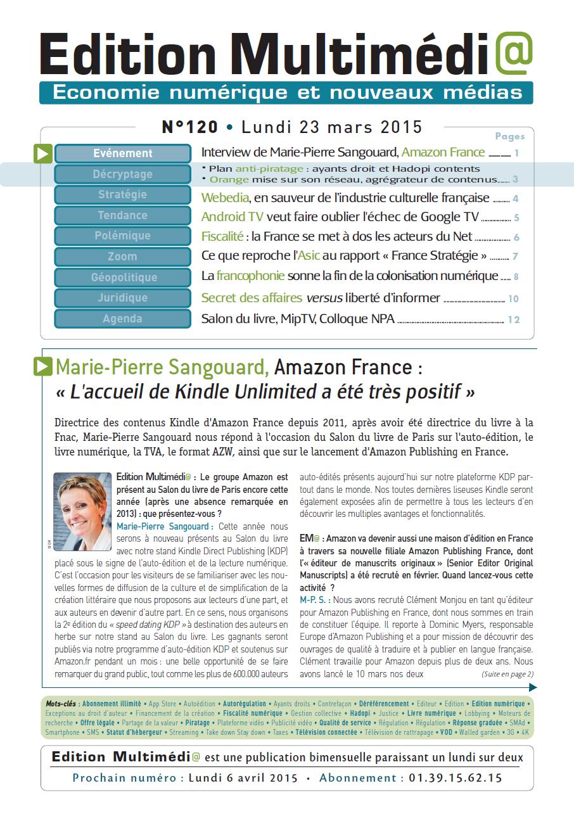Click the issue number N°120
pyautogui.click(x=189, y=127)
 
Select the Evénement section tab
pyautogui.click(x=123, y=153)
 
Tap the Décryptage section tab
pyautogui.click(x=123, y=174)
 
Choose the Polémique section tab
pyautogui.click(x=123, y=236)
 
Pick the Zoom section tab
pyautogui.click(x=123, y=257)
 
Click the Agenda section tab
pyautogui.click(x=123, y=319)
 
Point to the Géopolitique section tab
pyautogui.click(x=123, y=277)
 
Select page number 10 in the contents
pyautogui.click(x=513, y=299)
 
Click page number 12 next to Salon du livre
pyautogui.click(x=513, y=319)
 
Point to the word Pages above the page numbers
pyautogui.click(x=509, y=136)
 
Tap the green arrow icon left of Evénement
pyautogui.click(x=43, y=153)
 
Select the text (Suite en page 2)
pyautogui.click(x=507, y=674)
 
